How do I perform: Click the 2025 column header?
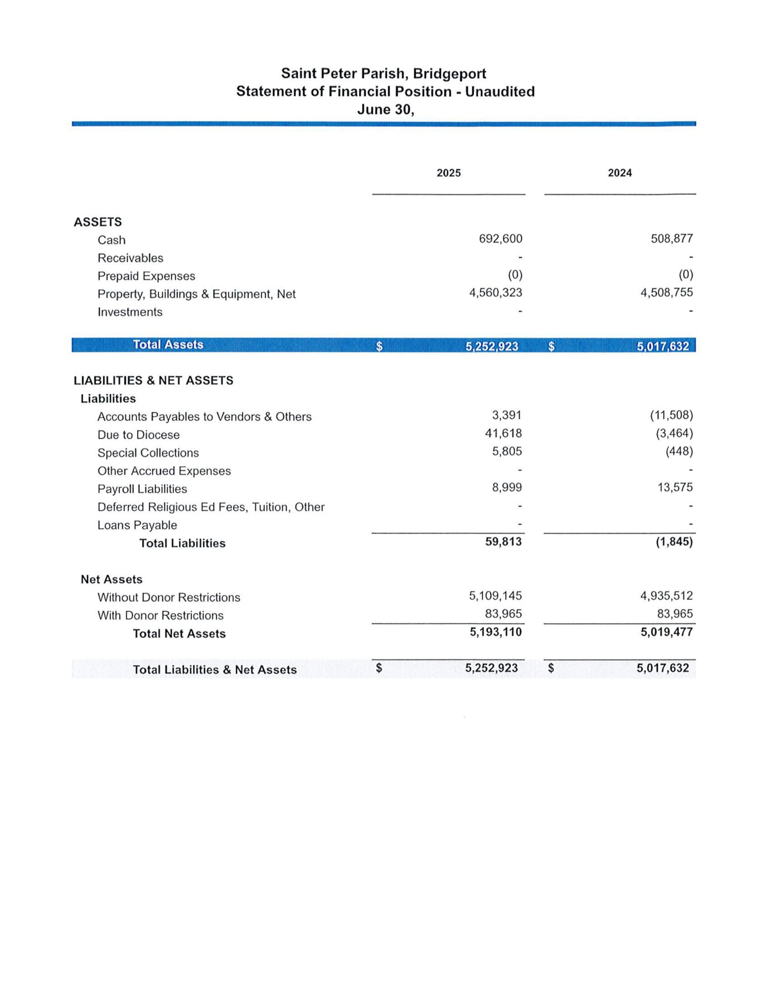pos(449,173)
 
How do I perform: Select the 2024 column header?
pos(619,173)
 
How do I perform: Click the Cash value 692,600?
pos(500,239)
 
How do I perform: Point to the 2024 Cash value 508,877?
pos(671,239)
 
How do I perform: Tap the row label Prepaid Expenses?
pos(146,276)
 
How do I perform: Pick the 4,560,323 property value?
pos(495,293)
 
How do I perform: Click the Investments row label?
pos(130,312)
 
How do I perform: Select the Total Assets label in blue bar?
pos(168,345)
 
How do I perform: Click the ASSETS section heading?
pos(98,222)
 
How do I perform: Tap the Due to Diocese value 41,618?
pos(503,434)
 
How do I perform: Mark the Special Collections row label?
pos(148,453)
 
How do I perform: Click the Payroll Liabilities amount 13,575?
pos(675,488)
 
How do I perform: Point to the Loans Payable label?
pos(137,525)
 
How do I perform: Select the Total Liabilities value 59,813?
pos(503,542)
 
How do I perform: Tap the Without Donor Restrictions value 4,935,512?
pos(666,596)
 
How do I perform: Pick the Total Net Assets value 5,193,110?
pos(495,632)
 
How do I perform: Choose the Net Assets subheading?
pos(111,580)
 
